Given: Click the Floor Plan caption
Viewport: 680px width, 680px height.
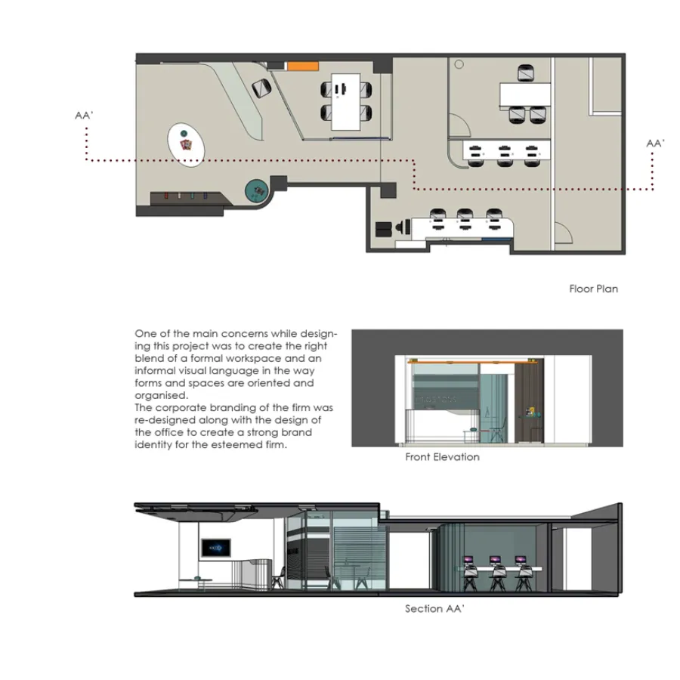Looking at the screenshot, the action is [593, 289].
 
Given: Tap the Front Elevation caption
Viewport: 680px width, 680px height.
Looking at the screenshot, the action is [442, 456].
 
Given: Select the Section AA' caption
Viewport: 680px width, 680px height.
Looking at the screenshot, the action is [434, 608].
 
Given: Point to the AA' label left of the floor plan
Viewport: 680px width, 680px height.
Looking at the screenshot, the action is [84, 116].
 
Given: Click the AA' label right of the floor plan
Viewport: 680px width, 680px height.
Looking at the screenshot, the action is [655, 143].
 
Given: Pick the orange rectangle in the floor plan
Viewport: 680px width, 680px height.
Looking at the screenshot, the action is [303, 66].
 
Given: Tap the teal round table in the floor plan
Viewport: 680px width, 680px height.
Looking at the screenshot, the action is [256, 191].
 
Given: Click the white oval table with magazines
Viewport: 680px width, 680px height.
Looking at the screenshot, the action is [186, 145].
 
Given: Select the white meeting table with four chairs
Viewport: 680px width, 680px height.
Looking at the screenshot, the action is [345, 102].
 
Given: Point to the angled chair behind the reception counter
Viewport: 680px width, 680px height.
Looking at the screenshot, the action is [261, 88].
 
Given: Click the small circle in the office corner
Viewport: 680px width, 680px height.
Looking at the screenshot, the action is [459, 65].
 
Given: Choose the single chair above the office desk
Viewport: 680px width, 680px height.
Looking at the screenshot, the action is [526, 73].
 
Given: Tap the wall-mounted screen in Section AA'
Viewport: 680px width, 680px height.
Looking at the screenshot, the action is [216, 549].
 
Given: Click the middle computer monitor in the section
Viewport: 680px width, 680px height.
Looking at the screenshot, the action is [495, 561].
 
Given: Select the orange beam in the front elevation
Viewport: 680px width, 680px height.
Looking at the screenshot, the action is [473, 361].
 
